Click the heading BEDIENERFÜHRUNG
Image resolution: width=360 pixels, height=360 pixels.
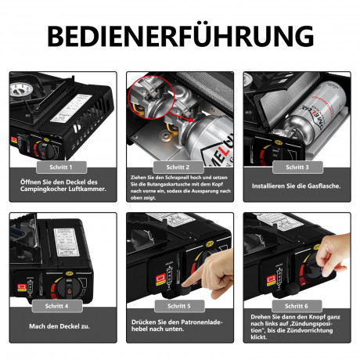(x=180, y=35)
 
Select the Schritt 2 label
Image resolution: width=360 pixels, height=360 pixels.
(x=178, y=167)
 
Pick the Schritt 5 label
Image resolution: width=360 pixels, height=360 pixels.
(x=178, y=305)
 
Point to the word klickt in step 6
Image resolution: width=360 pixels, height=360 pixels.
(x=263, y=339)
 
